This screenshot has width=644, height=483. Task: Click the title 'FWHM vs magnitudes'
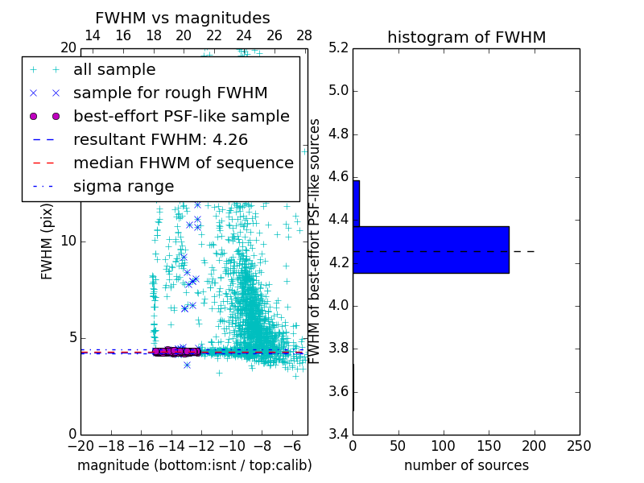click(x=183, y=18)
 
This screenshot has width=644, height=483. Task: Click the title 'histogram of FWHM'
click(x=466, y=37)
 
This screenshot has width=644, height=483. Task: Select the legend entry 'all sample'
click(x=114, y=70)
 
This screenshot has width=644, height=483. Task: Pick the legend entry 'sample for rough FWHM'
click(x=170, y=93)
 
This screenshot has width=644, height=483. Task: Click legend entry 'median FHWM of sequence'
click(x=183, y=163)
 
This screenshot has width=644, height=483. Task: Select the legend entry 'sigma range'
click(x=123, y=186)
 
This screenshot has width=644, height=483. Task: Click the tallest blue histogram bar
click(x=431, y=250)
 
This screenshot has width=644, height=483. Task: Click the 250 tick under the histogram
click(x=579, y=446)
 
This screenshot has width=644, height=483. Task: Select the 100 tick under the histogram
click(x=444, y=446)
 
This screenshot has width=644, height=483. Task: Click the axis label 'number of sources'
click(x=466, y=465)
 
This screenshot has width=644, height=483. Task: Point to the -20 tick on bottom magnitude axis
click(x=80, y=446)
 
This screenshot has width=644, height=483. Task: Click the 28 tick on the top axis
click(x=304, y=35)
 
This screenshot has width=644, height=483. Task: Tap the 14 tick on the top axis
click(x=93, y=35)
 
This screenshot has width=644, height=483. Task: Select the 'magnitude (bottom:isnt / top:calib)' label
click(x=194, y=465)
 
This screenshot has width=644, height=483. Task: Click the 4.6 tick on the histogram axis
click(x=336, y=176)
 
